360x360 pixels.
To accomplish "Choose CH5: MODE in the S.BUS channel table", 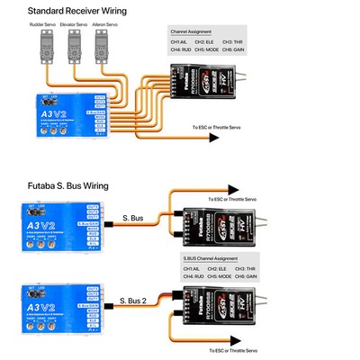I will pyautogui.click(x=216, y=277).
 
